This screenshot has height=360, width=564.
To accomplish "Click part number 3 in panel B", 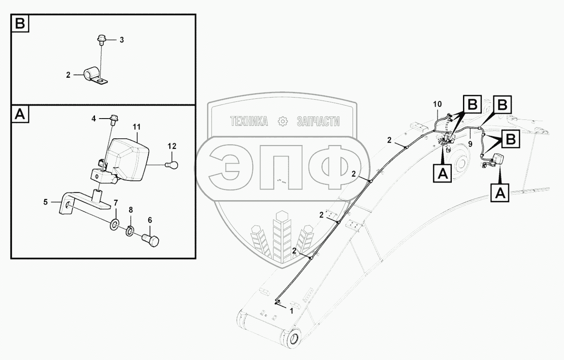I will (122, 40).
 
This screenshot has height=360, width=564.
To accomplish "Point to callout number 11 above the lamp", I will (137, 127).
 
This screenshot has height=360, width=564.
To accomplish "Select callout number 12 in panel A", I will (172, 146).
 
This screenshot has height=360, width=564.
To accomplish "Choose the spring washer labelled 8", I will (130, 232).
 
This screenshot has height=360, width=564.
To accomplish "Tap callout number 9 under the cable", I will (470, 145).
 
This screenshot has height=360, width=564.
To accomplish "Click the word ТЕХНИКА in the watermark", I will (249, 122).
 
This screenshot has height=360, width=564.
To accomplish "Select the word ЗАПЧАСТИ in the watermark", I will (318, 122).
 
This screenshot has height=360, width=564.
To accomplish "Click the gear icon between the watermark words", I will (283, 122).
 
